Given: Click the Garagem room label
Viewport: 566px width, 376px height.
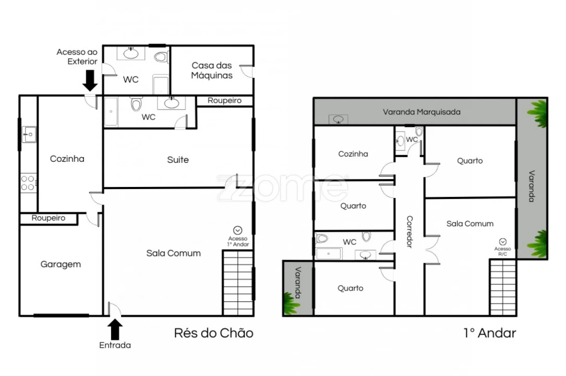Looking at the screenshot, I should coord(61,264).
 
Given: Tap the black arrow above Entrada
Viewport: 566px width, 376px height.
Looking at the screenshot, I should coord(115,329).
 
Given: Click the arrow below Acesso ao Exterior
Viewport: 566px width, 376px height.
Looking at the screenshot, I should coord(90,80).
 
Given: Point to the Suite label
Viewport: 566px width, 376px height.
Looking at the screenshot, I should coord(178,160).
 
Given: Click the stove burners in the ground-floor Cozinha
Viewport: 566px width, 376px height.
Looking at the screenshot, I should coord(28,183).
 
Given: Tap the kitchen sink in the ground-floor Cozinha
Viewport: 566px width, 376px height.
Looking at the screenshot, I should coord(29,135).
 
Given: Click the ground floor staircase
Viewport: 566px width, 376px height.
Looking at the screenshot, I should coord(238,283).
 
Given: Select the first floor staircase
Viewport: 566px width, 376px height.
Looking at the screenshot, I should coord(502,287).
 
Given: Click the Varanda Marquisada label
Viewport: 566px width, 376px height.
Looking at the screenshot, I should coord(422,112).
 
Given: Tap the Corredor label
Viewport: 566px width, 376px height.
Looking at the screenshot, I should coord(410,232).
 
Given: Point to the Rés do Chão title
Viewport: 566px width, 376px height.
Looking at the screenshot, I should coord(213,333).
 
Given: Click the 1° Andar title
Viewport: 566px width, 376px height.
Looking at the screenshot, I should coord(489,333).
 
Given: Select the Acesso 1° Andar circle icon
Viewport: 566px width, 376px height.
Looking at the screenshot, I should coord(238,229).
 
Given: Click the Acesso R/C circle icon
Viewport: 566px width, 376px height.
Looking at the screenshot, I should coord(502,241).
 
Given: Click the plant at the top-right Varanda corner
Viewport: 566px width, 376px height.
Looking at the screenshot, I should coord(537,113).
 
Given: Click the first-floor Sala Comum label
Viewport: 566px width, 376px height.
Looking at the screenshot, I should coord(469,224).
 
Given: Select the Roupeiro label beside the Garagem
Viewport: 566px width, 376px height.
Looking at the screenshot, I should coord(49,218).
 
